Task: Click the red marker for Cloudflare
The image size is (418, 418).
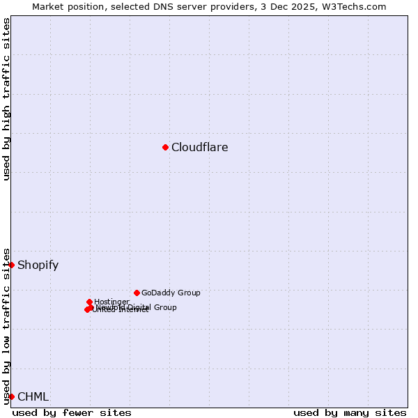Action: coord(165,147)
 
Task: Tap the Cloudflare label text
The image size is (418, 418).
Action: coord(199,147)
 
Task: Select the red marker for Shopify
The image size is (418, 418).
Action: coord(11,265)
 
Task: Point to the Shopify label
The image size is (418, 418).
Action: coord(38,265)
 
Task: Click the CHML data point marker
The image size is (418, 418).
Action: coord(11,396)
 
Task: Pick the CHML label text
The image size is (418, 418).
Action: coord(33,396)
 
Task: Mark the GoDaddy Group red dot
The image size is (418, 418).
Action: coord(137,293)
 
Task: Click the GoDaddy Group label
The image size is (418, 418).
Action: coord(170,293)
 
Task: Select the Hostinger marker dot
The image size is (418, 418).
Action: coord(89,302)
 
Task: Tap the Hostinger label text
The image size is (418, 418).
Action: coord(111,302)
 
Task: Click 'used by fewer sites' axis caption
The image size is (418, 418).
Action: coord(72,412)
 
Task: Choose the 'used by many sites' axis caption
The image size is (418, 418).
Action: coord(350,412)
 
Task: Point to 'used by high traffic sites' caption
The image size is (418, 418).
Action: coord(6,99)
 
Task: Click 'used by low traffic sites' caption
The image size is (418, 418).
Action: coord(6,325)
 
